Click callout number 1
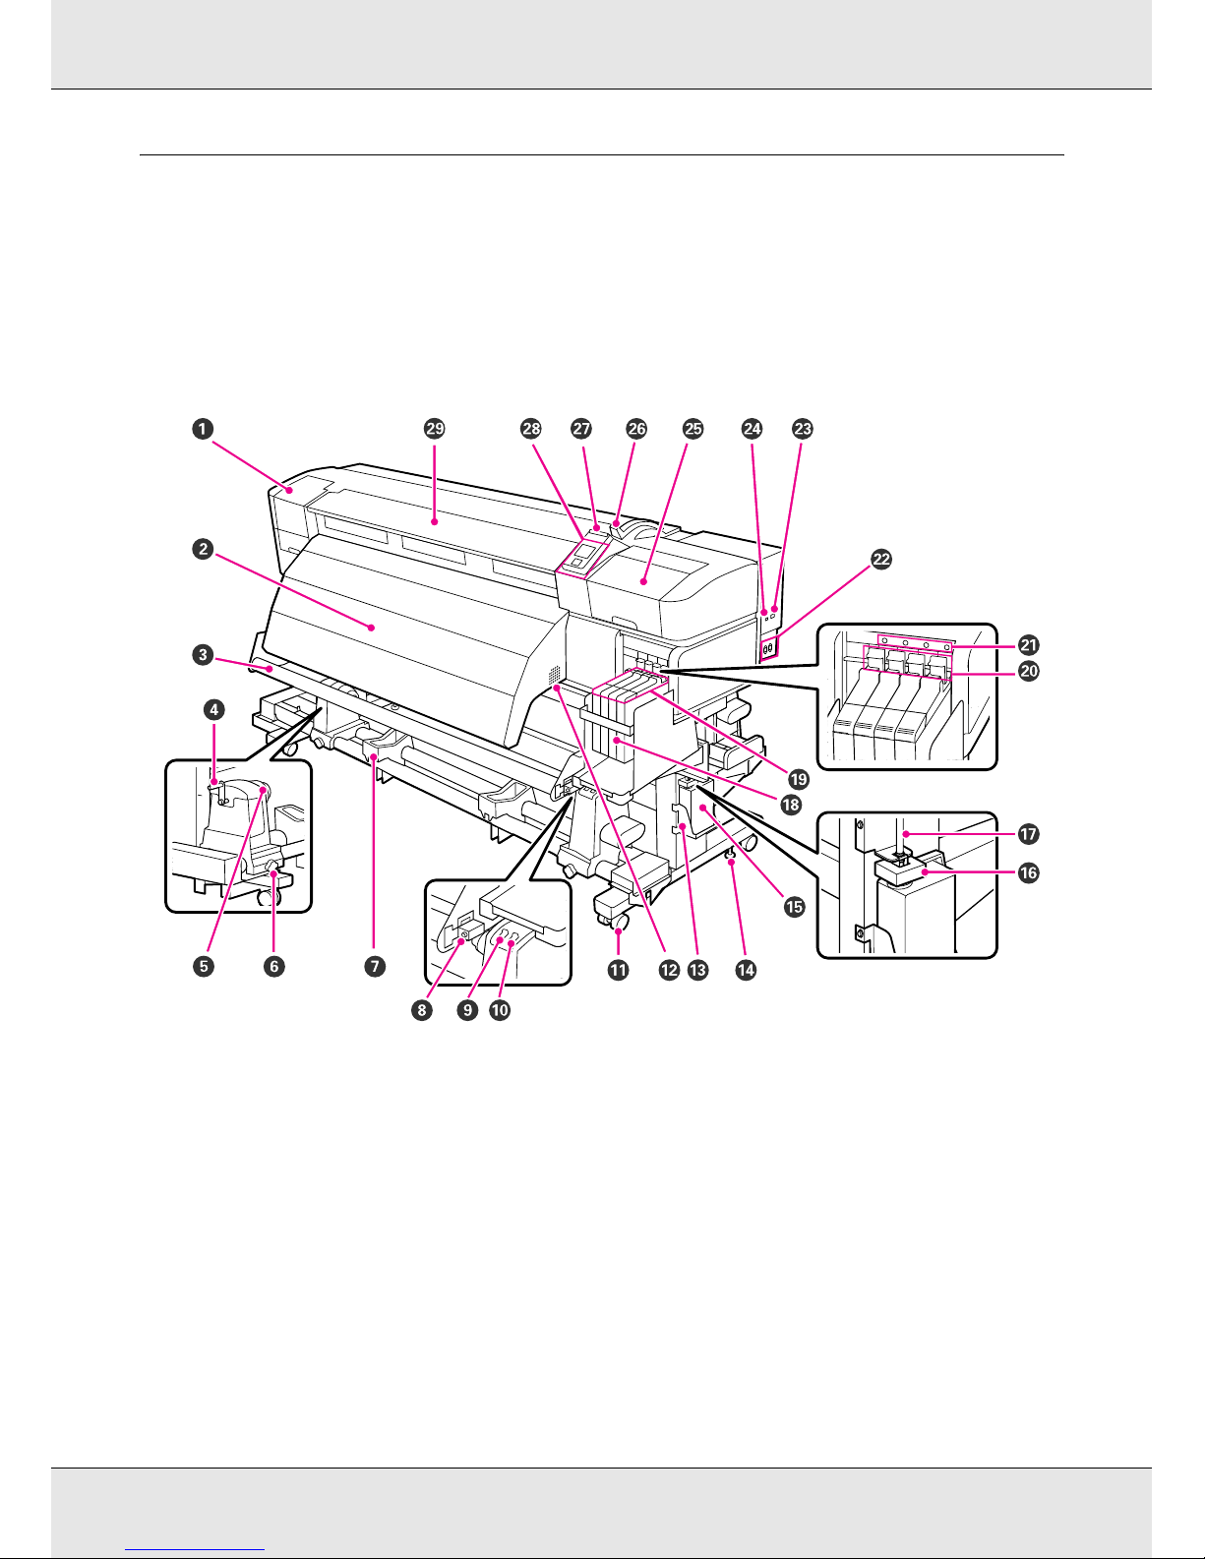tap(203, 429)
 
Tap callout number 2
tap(203, 550)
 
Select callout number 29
tap(435, 429)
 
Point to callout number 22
tap(881, 559)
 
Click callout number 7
tap(375, 967)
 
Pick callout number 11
tap(619, 970)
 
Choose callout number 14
tap(746, 970)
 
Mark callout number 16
tap(1029, 873)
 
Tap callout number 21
tap(1029, 645)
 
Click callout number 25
tap(693, 429)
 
